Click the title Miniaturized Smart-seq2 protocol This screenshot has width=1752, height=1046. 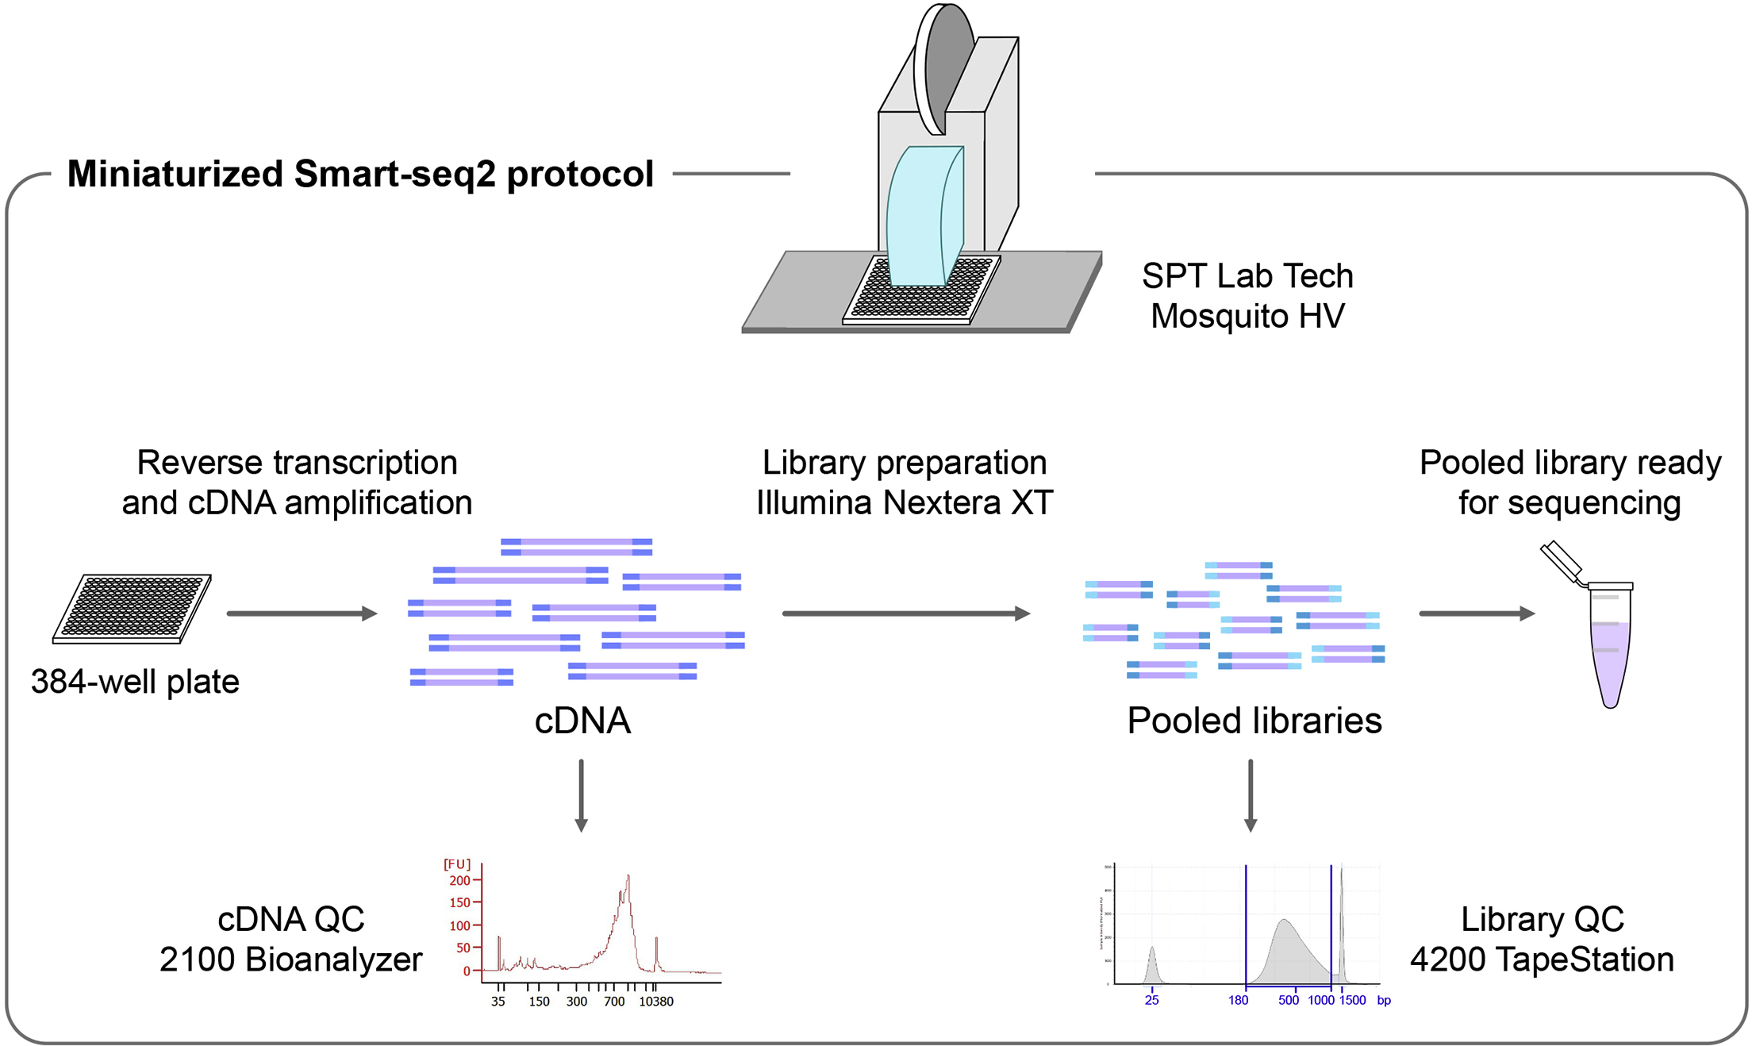coord(360,174)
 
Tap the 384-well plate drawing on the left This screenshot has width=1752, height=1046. coord(132,608)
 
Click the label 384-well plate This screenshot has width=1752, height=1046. coord(135,682)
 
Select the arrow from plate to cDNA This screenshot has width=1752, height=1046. coord(301,613)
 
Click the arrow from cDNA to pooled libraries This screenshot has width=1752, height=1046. coord(905,613)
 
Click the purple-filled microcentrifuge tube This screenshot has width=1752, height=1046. coord(1610,651)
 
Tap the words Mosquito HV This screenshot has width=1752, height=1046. coord(1247,316)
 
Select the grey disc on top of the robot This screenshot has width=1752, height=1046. coord(946,67)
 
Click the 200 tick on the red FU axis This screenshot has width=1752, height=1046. coord(460,880)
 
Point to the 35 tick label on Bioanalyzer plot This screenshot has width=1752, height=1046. coord(498,1002)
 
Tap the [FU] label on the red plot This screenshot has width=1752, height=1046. coord(457,864)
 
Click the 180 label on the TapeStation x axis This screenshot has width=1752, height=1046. coord(1239,1001)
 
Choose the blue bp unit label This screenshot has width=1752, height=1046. coord(1384,1001)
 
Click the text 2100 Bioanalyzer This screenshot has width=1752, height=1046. coord(290,959)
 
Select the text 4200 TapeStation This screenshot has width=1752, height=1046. coord(1542,959)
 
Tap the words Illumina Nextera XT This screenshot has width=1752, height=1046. coord(905,502)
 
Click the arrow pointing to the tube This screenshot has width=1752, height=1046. coord(1476,613)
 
